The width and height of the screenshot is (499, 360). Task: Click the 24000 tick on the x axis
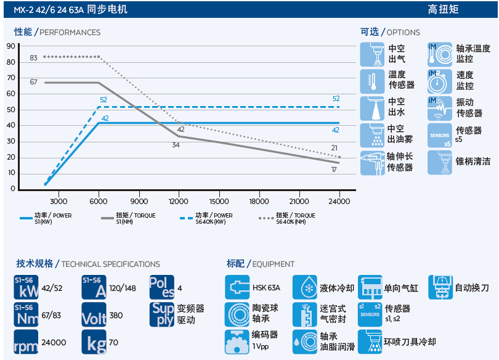339,202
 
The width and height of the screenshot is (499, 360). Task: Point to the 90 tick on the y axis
11,46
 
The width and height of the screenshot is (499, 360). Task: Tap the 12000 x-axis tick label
178,202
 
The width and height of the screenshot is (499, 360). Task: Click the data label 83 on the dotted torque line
33,58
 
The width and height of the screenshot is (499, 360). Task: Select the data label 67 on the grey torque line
33,82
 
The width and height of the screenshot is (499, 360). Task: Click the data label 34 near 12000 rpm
176,145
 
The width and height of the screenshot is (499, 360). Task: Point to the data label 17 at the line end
334,170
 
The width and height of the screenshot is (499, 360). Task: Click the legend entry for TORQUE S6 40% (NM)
287,218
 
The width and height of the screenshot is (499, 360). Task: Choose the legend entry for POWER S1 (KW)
46,218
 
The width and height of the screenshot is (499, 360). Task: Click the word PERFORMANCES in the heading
70,33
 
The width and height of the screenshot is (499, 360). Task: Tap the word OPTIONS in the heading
404,33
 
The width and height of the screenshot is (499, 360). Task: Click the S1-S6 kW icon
26,287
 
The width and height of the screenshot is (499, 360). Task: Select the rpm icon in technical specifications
26,342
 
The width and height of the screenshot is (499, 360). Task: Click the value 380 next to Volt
116,316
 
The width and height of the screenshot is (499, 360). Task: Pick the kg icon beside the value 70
94,342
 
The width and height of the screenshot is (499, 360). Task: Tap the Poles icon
161,287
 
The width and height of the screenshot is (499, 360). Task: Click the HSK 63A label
266,288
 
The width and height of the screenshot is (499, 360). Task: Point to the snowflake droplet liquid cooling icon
305,287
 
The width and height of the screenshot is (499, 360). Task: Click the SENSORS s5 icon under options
440,136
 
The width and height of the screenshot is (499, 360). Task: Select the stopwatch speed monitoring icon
440,81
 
